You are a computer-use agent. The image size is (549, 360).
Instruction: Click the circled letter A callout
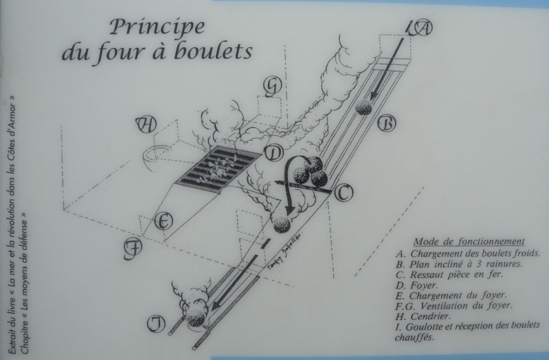422,29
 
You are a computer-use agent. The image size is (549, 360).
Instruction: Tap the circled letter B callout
387,123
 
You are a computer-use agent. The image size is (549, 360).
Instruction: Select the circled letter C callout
343,193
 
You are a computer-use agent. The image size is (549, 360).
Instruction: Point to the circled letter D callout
274,154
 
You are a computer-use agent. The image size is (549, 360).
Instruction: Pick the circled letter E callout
163,221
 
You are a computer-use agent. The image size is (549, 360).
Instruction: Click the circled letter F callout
133,249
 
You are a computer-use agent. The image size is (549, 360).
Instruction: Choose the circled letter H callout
146,124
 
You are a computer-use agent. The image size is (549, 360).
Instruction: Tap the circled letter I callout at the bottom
156,324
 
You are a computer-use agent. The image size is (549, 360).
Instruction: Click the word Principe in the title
157,27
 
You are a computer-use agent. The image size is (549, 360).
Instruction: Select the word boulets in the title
213,51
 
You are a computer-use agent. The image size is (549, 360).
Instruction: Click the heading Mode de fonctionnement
469,241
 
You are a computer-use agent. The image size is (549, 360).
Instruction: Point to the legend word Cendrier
429,316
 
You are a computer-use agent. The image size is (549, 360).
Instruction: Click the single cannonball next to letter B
363,106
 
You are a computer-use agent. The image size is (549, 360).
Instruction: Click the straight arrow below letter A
387,68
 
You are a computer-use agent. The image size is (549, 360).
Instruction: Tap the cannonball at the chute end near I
196,317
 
